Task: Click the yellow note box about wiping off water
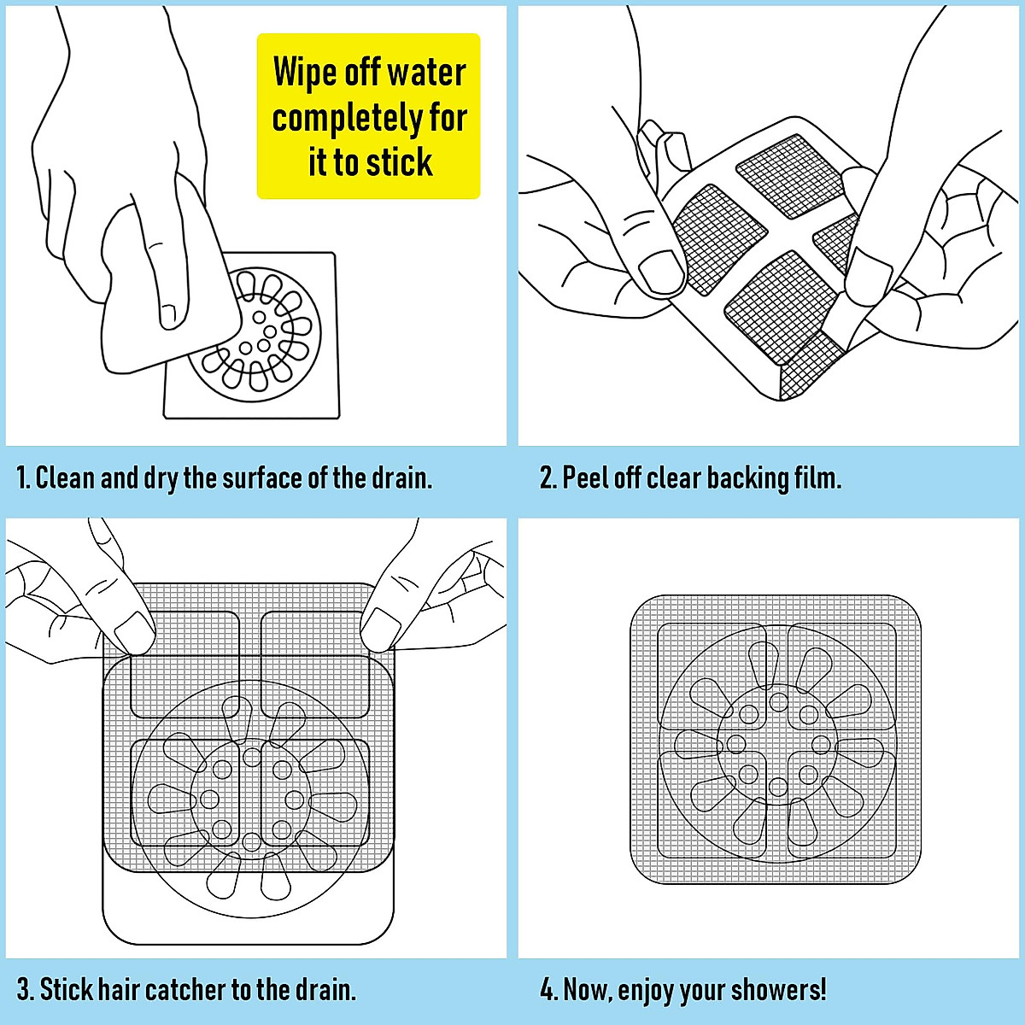tap(368, 116)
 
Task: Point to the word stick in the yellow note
tap(396, 162)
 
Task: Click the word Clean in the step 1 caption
tap(65, 477)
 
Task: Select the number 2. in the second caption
tap(548, 477)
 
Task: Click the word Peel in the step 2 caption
tap(585, 477)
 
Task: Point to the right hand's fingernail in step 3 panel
tap(380, 629)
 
